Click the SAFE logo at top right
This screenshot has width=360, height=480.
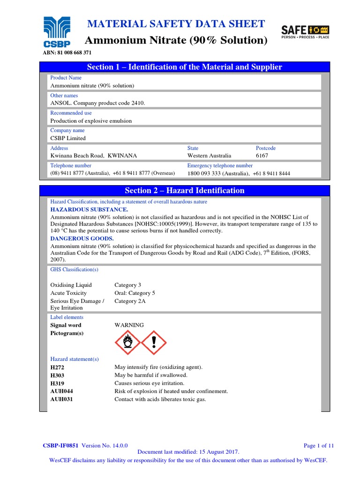[x=305, y=31]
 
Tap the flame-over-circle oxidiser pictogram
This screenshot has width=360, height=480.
[x=127, y=343]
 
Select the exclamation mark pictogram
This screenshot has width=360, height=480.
[x=154, y=343]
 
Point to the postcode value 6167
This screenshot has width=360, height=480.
[x=262, y=156]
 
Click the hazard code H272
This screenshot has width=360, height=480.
[x=57, y=367]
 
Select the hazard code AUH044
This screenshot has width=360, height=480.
[x=61, y=391]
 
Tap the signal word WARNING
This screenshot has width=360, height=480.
[x=129, y=325]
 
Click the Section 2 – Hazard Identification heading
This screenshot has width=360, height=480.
[x=184, y=190]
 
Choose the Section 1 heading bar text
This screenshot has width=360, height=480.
[x=184, y=67]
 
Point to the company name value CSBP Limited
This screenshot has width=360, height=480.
[x=68, y=138]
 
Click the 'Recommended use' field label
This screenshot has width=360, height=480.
[x=71, y=113]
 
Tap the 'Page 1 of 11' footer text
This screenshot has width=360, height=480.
[x=319, y=446]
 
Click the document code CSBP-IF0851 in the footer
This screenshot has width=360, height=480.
[x=61, y=446]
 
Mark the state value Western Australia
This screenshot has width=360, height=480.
[x=209, y=156]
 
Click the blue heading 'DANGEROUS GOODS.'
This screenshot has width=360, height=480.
[x=82, y=239]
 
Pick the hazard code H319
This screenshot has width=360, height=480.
[x=57, y=383]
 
